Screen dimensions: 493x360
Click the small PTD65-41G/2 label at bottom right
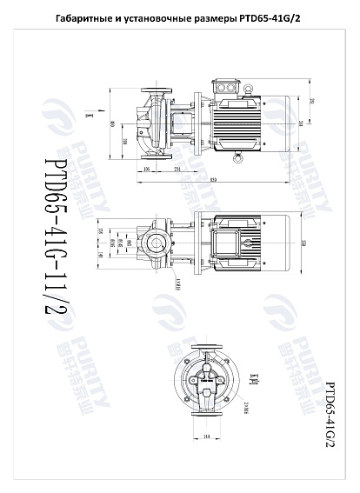click(x=330, y=412)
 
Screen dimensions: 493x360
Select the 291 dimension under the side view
click(x=177, y=168)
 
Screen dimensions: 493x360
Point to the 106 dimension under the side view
click(x=147, y=168)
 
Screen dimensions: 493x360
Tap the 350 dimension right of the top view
click(x=310, y=242)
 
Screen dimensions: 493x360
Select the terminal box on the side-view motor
click(x=231, y=88)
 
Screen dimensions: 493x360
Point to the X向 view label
click(x=255, y=377)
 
